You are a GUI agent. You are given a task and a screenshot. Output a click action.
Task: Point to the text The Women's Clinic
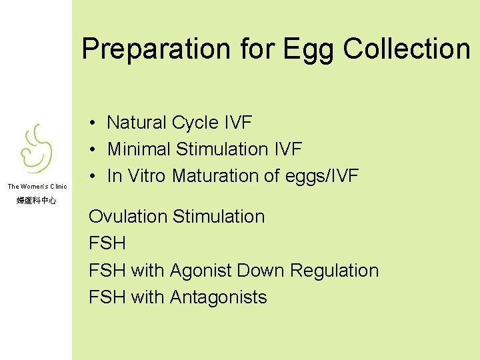[x=37, y=186]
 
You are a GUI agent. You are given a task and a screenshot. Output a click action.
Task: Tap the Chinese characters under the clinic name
[x=37, y=200]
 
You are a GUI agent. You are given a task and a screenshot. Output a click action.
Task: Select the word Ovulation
[x=128, y=217]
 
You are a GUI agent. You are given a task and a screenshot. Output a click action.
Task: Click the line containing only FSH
[x=107, y=243]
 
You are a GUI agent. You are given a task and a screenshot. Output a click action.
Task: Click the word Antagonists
[x=218, y=297]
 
